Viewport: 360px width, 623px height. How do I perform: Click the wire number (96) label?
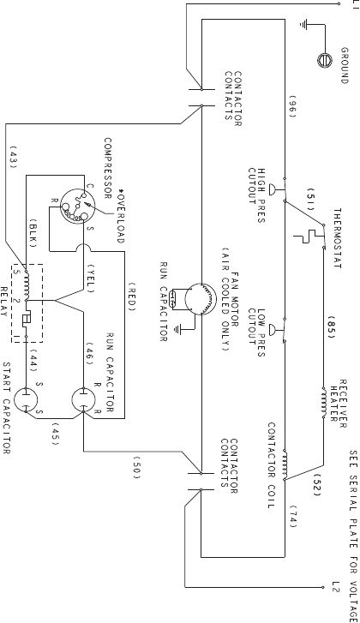[292, 107]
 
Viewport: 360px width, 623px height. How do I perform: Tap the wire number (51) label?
[311, 199]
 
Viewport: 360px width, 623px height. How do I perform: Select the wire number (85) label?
[332, 327]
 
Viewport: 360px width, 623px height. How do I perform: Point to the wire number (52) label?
[316, 484]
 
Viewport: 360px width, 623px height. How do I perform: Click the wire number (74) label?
[293, 517]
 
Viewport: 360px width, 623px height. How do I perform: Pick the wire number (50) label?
[136, 468]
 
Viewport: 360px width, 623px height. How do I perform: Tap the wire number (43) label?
[13, 158]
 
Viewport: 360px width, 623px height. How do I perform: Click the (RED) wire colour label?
[132, 297]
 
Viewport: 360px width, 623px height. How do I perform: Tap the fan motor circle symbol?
[201, 298]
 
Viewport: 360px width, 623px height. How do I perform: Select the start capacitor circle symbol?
[26, 400]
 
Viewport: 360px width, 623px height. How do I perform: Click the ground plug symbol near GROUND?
[325, 60]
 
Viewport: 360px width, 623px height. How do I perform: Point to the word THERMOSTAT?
[338, 238]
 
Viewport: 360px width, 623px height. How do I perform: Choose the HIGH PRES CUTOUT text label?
[256, 195]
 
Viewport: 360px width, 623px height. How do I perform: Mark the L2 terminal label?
[336, 587]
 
